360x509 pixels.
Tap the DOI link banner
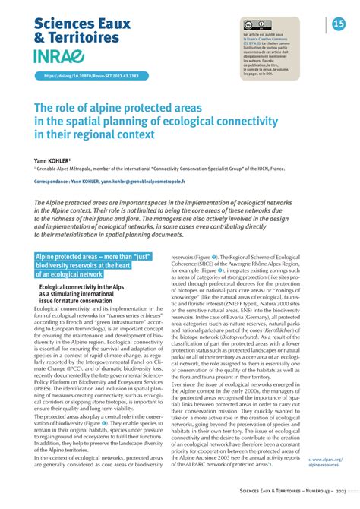(84, 76)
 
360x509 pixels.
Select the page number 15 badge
(339, 25)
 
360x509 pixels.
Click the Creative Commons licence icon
(254, 26)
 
